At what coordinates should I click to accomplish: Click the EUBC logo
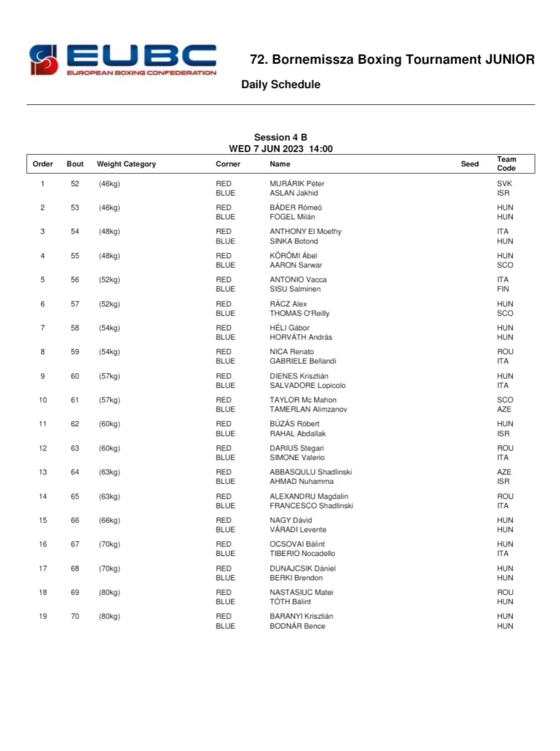[123, 59]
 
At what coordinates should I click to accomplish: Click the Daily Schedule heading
[280, 84]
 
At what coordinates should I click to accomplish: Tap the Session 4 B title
[280, 137]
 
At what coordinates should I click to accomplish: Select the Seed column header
[470, 164]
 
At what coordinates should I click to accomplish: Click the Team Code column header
[506, 164]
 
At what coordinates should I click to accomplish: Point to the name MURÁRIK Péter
[297, 183]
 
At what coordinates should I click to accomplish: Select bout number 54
[75, 232]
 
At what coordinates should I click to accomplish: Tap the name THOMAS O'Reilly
[299, 313]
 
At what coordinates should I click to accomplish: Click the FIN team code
[503, 289]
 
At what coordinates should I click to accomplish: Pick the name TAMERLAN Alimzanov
[308, 409]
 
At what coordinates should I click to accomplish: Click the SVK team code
[504, 183]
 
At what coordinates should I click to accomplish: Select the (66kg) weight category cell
[109, 520]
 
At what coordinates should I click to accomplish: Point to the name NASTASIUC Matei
[302, 592]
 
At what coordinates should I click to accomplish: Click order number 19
[43, 616]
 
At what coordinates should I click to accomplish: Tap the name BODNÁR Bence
[297, 626]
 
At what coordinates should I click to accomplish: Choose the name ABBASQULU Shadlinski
[310, 472]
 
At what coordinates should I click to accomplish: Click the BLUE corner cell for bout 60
[225, 385]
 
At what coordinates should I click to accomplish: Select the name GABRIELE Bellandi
[302, 361]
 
